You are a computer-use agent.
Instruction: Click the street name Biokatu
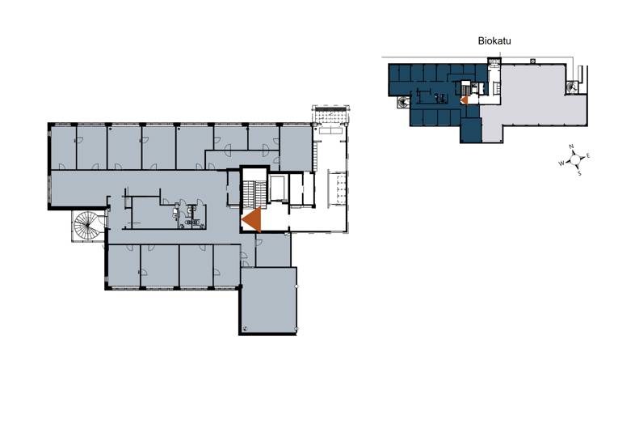click(494, 41)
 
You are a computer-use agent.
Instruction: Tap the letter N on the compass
click(571, 146)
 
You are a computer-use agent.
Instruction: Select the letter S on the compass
click(579, 173)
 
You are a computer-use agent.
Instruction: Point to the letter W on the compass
click(561, 163)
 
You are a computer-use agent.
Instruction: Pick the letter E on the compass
click(588, 156)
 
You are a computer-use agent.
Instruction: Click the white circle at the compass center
click(574, 159)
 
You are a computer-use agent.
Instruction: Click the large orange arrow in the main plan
click(251, 219)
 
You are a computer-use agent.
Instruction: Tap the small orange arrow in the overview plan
click(465, 100)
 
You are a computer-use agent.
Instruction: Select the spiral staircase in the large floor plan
click(87, 225)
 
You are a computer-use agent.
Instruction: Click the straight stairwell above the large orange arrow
click(254, 193)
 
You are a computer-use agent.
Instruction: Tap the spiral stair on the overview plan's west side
click(403, 103)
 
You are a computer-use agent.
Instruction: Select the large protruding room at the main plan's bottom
click(268, 300)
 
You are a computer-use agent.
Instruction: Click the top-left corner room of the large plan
click(63, 148)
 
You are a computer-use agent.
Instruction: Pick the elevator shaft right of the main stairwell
click(279, 189)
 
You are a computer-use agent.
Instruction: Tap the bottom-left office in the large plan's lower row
click(124, 265)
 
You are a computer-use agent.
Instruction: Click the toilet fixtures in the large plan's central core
click(187, 215)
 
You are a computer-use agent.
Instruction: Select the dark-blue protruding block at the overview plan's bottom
click(470, 129)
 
